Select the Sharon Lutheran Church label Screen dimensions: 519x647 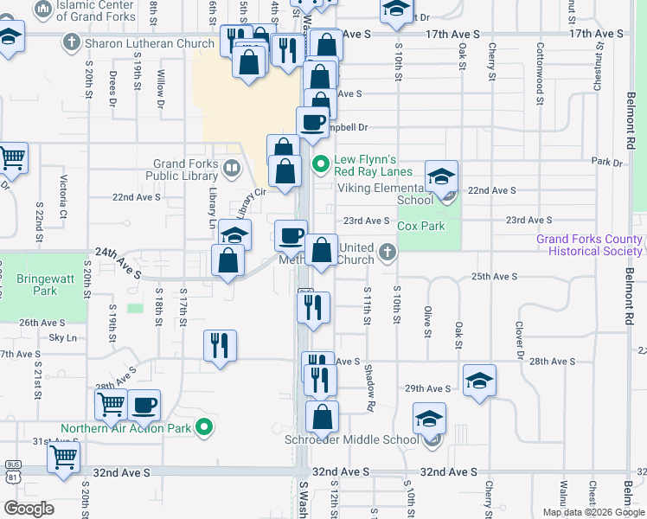(x=151, y=43)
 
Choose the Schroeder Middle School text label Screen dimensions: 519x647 (x=352, y=439)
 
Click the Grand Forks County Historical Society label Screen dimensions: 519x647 (x=589, y=245)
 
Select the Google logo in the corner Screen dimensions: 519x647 (x=29, y=509)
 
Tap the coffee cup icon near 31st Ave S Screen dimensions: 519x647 (x=144, y=404)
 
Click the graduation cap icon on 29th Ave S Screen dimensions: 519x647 (x=479, y=380)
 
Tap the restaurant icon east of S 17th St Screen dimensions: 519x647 (x=220, y=345)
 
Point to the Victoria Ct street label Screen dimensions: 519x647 (x=63, y=196)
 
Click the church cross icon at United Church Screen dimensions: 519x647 (x=388, y=253)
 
